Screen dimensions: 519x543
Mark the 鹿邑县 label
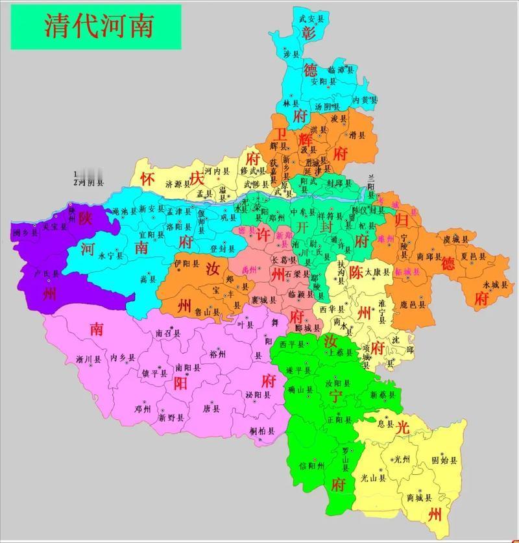413,303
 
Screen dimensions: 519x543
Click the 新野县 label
171,418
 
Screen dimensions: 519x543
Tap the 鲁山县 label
207,311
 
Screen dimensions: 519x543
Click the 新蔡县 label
381,394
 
